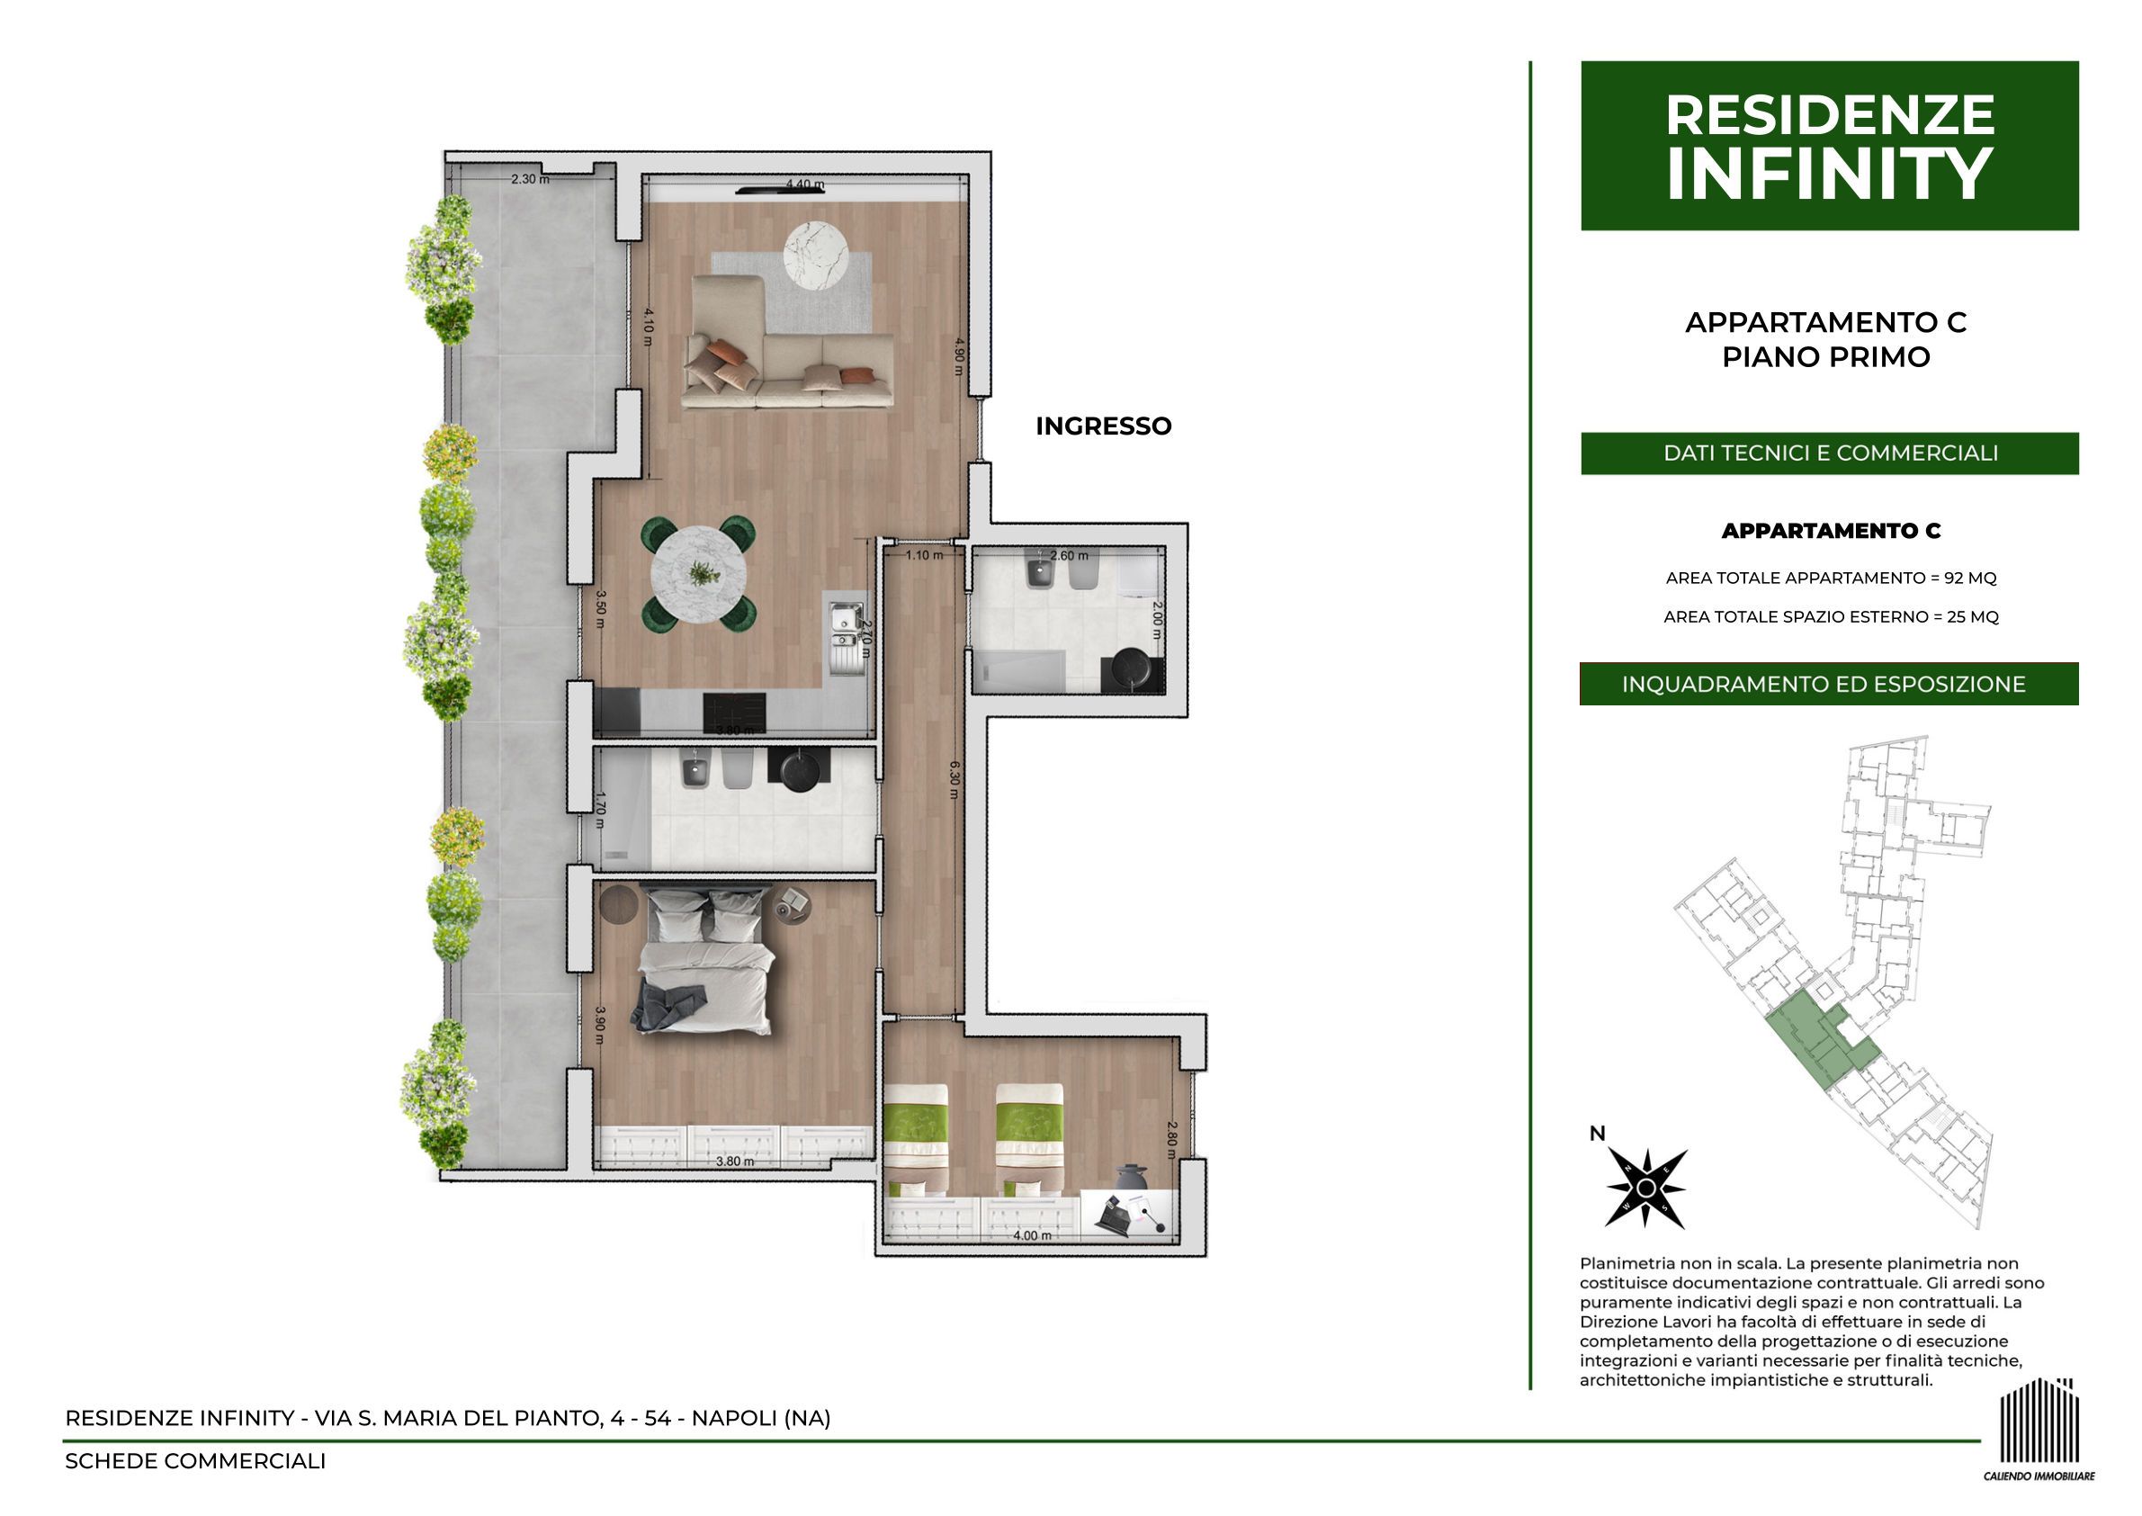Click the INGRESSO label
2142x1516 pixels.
tap(1103, 426)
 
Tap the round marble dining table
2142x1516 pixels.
tap(698, 573)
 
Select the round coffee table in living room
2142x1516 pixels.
tap(816, 255)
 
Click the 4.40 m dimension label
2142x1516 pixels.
tap(804, 184)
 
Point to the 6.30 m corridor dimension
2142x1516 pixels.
tap(954, 779)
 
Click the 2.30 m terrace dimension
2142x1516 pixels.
tap(529, 178)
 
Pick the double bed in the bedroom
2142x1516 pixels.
tap(704, 961)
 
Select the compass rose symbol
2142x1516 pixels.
tap(1646, 1188)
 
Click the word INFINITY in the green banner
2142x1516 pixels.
tap(1829, 174)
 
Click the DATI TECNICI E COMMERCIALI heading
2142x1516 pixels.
tap(1830, 453)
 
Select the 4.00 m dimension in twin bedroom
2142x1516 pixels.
tap(1032, 1235)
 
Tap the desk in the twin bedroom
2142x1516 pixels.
tap(1128, 1215)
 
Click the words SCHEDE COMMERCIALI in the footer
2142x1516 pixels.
tap(195, 1461)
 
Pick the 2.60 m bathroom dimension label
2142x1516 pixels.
tap(1069, 555)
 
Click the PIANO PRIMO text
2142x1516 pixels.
tap(1825, 356)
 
